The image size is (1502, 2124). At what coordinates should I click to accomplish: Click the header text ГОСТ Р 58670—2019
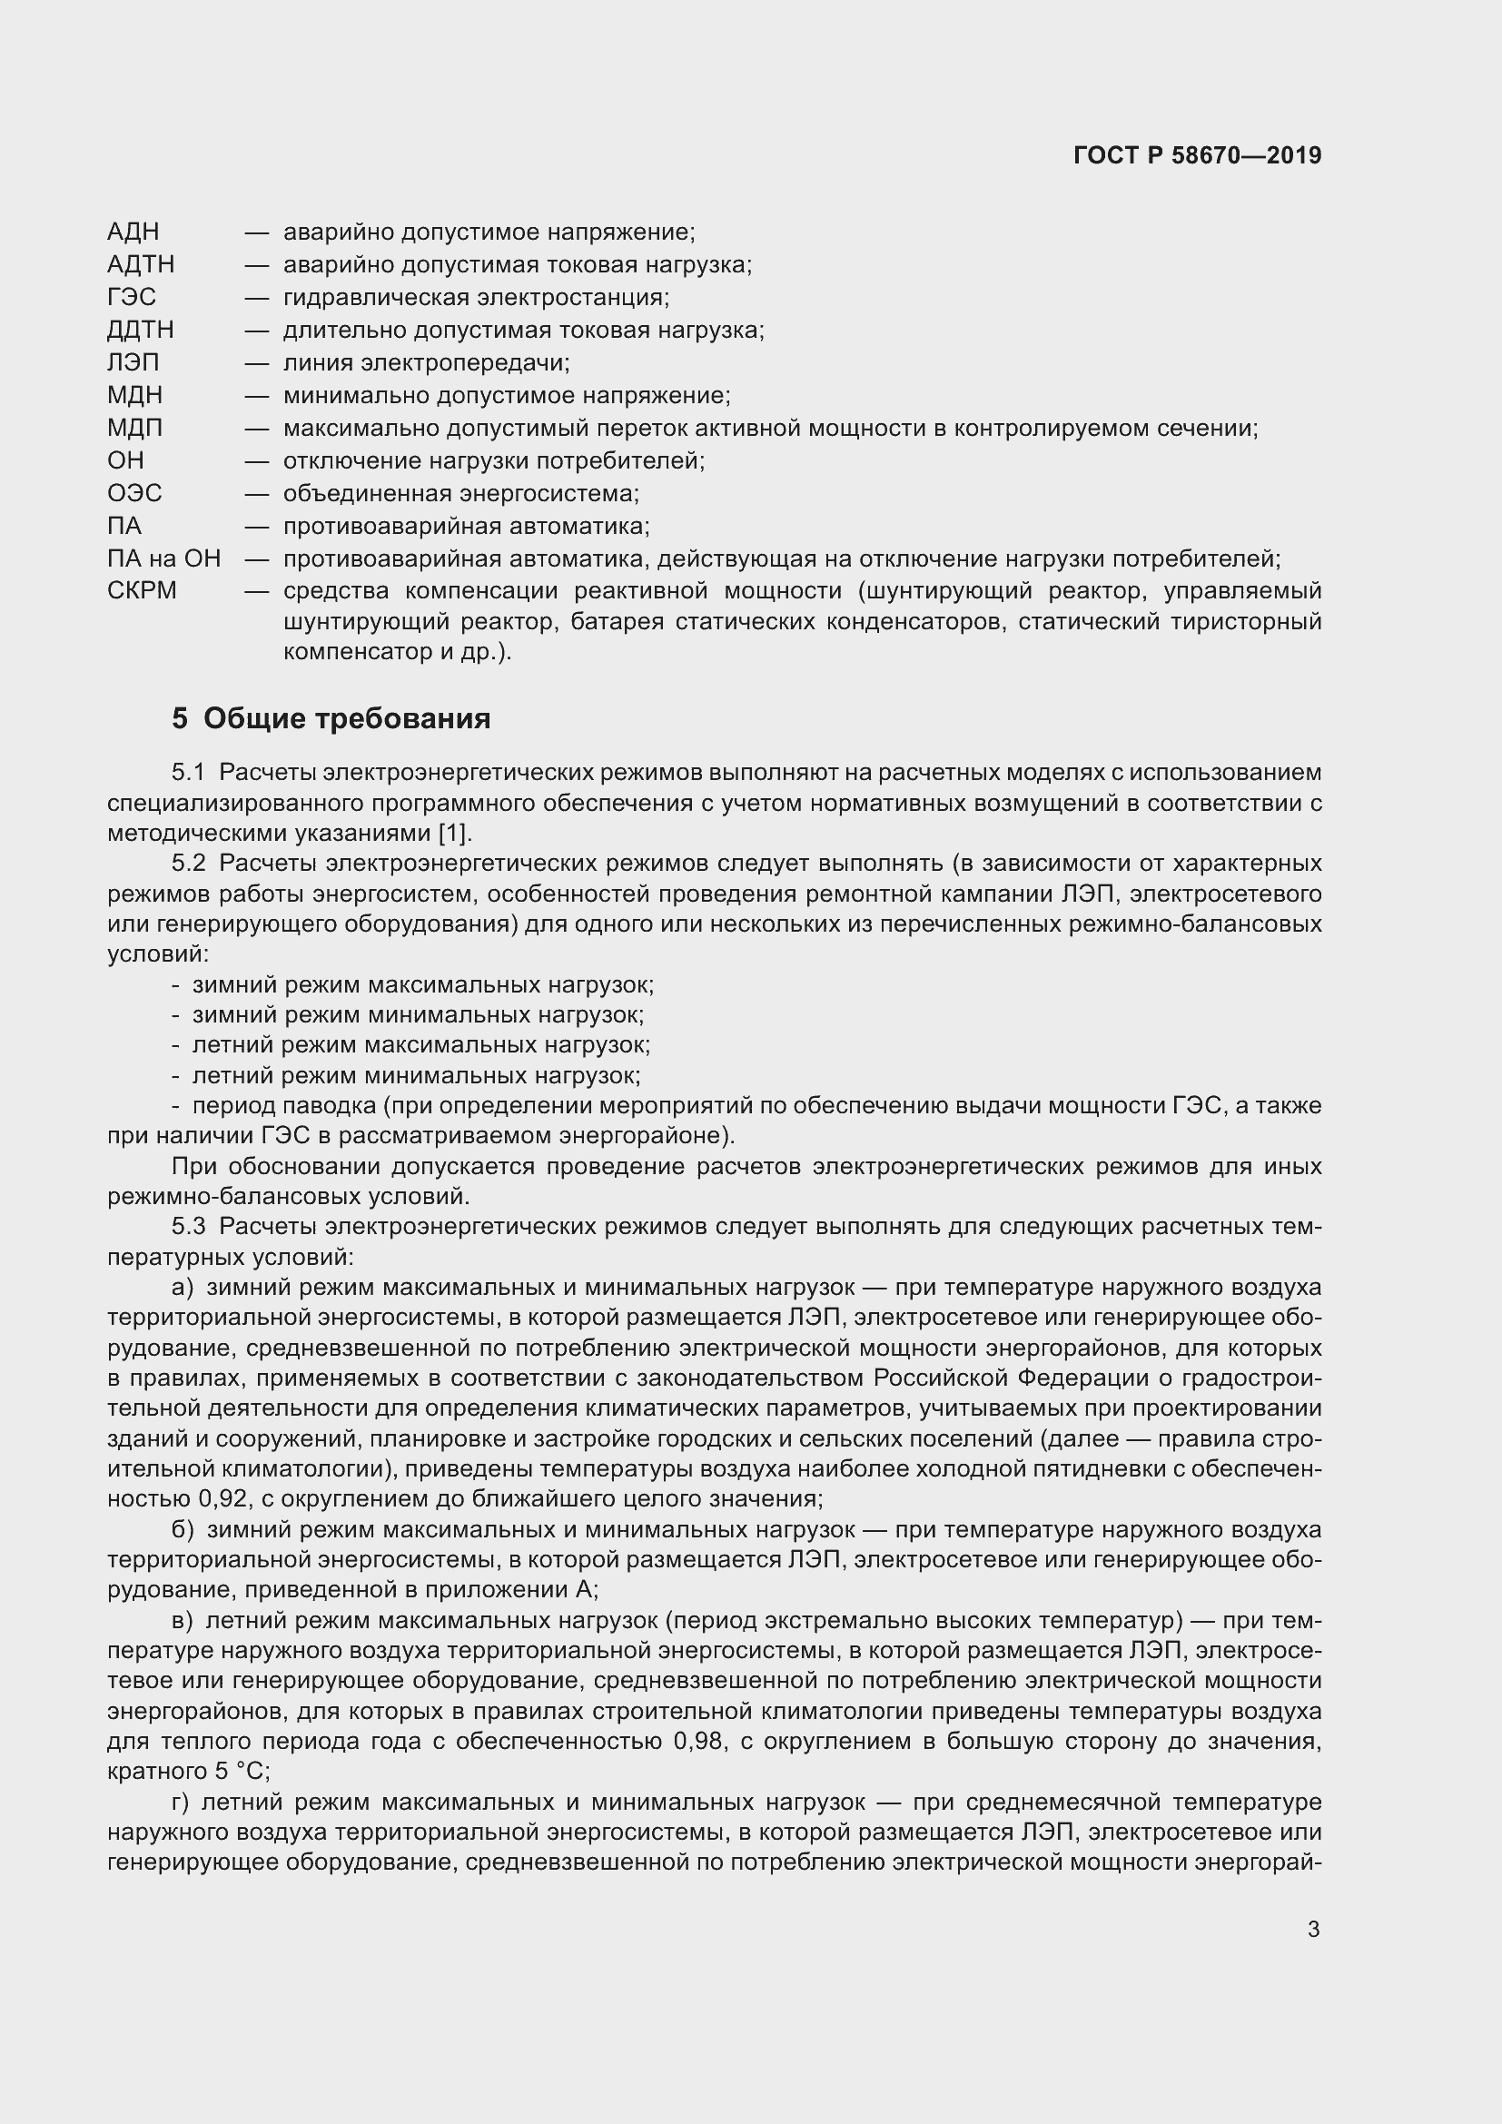[x=1197, y=155]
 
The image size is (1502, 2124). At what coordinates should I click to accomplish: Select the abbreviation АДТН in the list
[x=141, y=264]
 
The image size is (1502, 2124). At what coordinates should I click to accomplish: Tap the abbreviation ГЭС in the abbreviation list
[x=132, y=297]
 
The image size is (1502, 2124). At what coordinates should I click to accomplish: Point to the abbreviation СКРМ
[x=142, y=590]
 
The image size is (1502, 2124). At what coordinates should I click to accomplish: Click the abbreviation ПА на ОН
[x=163, y=558]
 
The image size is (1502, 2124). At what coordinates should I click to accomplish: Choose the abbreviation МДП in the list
[x=135, y=428]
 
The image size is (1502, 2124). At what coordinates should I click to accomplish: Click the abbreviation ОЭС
[x=134, y=493]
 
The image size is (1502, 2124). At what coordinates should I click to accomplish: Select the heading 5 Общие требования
[x=331, y=719]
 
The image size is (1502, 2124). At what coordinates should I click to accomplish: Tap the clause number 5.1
[x=188, y=772]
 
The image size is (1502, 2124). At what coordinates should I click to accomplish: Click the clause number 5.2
[x=188, y=863]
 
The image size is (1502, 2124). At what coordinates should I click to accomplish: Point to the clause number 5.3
[x=188, y=1227]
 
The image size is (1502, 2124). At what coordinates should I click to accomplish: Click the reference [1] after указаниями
[x=453, y=833]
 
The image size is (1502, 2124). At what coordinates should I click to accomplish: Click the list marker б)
[x=183, y=1530]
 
